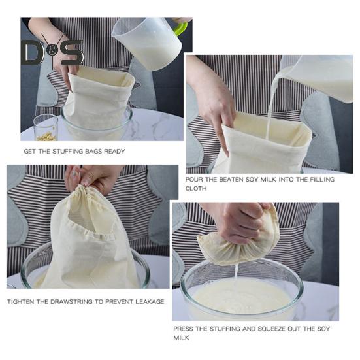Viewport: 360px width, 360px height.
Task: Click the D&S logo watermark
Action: (x=52, y=51)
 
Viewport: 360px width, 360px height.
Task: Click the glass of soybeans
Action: (x=46, y=127)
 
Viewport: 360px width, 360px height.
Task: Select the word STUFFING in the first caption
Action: (x=68, y=152)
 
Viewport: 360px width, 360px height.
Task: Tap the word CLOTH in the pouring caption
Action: (x=196, y=189)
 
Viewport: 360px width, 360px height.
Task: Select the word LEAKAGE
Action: (x=150, y=302)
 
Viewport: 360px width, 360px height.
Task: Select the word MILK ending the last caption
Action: (x=182, y=338)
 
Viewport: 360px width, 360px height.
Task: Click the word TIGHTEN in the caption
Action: (x=21, y=302)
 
